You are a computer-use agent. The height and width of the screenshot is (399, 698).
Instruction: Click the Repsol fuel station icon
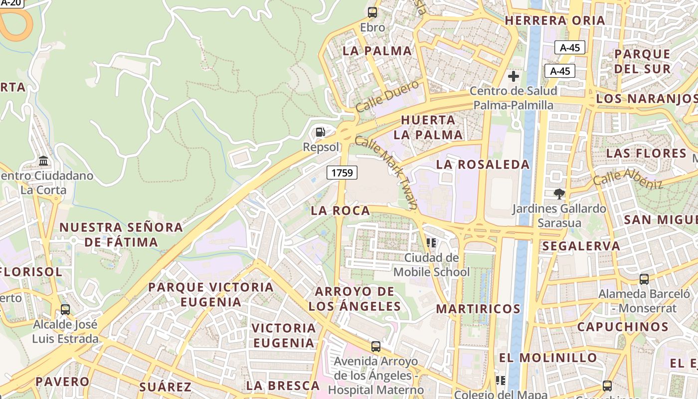point(320,132)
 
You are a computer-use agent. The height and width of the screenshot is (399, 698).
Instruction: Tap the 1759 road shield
point(342,173)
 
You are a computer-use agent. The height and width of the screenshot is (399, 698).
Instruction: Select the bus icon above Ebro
point(372,12)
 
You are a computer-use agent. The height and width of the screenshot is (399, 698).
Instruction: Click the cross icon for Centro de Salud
point(513,76)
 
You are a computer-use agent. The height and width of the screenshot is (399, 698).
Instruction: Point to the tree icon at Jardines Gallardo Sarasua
point(559,194)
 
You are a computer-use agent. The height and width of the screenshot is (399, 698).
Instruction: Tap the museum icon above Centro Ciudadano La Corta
point(43,161)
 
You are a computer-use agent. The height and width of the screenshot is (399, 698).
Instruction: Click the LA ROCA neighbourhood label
point(341,210)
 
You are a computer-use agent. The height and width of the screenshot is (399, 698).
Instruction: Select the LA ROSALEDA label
point(483,165)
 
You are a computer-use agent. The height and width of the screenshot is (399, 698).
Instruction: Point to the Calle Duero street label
point(387,96)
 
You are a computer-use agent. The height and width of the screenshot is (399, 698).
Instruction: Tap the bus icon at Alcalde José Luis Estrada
point(65,309)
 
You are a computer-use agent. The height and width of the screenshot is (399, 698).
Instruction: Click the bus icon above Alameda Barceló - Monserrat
point(644,279)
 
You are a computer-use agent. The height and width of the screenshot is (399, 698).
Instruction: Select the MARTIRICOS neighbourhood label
point(478,309)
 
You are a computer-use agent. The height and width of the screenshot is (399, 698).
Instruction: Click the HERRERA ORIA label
point(555,20)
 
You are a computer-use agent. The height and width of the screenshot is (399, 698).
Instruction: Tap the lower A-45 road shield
point(560,71)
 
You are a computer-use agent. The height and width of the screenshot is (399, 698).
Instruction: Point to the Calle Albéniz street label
point(628,179)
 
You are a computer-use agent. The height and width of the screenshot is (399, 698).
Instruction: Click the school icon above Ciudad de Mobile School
point(431,243)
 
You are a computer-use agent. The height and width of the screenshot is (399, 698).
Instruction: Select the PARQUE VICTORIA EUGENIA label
point(211,294)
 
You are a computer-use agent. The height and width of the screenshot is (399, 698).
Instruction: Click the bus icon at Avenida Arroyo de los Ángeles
point(376,346)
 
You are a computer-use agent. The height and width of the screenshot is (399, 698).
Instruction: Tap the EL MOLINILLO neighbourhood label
point(548,358)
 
